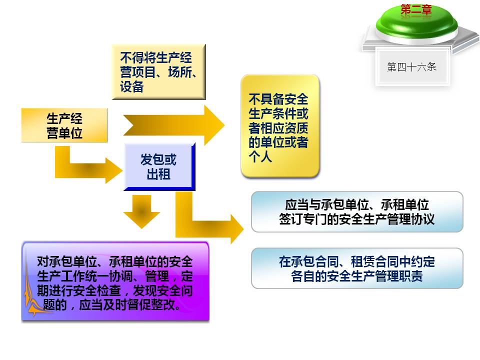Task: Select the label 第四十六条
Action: tap(411, 67)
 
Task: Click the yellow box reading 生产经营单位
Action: tap(64, 125)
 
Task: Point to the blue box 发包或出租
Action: tap(158, 167)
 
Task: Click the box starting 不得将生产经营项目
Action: tap(158, 71)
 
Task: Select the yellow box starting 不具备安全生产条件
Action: tap(279, 126)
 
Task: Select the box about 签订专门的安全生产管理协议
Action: tap(357, 212)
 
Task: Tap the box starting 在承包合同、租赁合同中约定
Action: tap(357, 268)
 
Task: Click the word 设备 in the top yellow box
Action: tap(131, 87)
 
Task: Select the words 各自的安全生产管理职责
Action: tap(357, 276)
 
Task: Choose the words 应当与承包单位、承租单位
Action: tap(357, 204)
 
